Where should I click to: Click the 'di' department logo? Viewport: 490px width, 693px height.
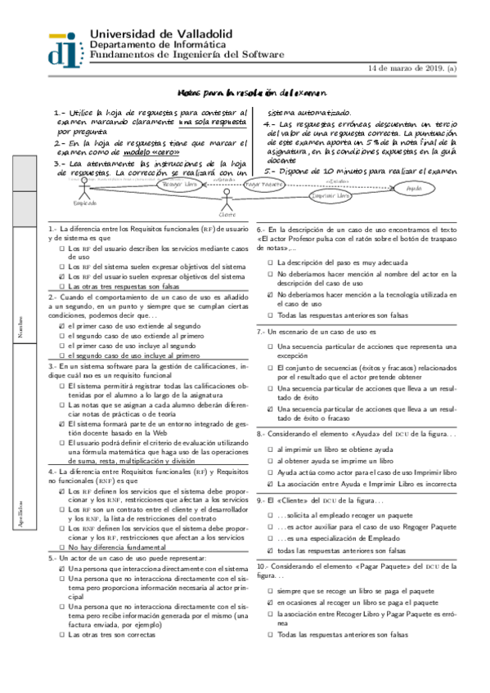pos(65,47)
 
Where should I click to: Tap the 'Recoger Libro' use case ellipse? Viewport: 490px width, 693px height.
pos(180,186)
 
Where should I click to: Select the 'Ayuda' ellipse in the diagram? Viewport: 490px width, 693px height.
pos(414,188)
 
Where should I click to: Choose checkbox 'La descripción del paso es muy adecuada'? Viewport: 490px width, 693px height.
pos(269,262)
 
